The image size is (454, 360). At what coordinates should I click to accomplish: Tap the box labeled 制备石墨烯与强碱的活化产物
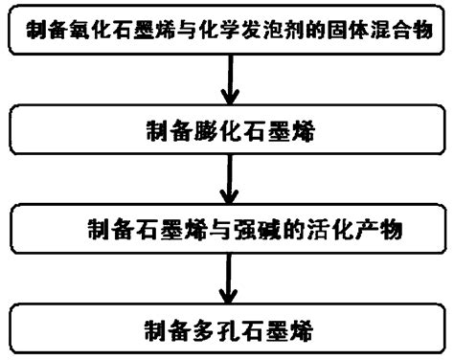pos(226,230)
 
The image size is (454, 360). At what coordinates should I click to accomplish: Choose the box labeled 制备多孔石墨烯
pos(226,334)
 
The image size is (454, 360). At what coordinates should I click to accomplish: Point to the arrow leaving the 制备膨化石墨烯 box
pos(228,181)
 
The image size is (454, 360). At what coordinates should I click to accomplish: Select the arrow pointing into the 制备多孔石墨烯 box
pos(228,281)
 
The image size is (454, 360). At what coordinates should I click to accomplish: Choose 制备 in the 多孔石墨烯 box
pos(164,335)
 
